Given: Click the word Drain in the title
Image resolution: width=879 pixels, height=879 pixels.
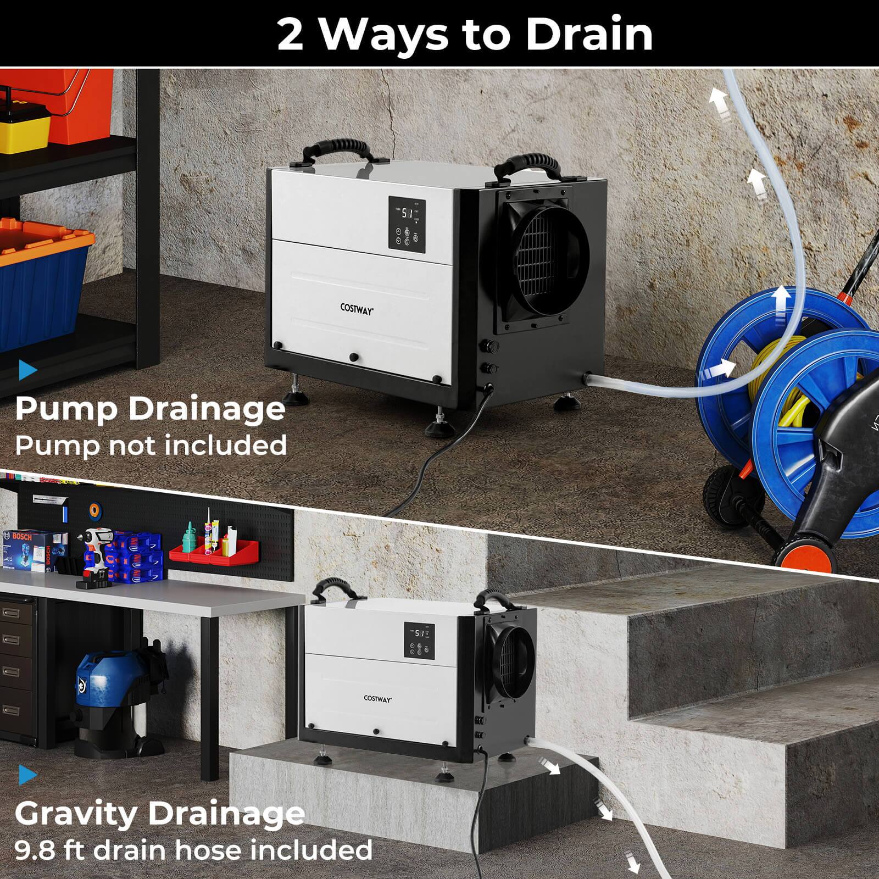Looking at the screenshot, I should coord(588,34).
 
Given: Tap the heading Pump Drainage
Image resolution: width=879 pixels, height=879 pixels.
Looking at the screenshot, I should coord(150,409).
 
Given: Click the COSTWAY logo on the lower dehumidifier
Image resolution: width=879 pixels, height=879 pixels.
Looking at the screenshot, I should coord(378,698).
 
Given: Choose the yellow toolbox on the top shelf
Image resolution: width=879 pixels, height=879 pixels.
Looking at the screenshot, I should coord(22,124).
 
